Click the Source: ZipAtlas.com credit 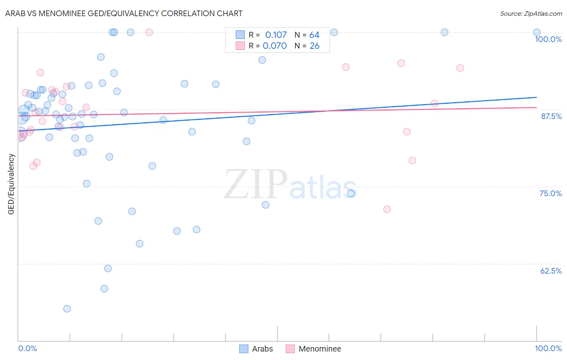(531, 13)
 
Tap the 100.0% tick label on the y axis (548, 39)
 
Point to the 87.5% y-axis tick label (551, 116)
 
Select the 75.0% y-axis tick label (550, 193)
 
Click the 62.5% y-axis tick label (551, 271)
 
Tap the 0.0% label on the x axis (27, 348)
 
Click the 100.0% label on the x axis (548, 348)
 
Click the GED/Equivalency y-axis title (11, 184)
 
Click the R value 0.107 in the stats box (276, 35)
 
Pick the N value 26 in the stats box (315, 46)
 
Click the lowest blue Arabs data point (67, 309)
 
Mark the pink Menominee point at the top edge (149, 32)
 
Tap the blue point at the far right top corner (537, 32)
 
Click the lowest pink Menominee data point (387, 209)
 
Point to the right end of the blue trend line (536, 97)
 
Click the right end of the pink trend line (536, 107)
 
